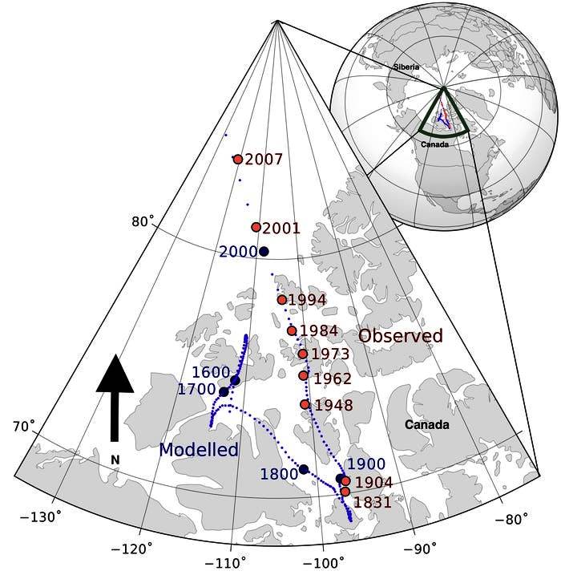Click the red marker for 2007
(x=238, y=160)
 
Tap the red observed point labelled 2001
(x=256, y=228)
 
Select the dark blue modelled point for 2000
(x=264, y=252)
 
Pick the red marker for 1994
(x=282, y=300)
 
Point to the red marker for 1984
(x=292, y=331)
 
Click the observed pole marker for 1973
(x=303, y=354)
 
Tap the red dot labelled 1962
(x=304, y=376)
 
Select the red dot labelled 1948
(x=305, y=405)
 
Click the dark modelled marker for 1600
(x=236, y=381)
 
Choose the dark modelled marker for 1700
(x=224, y=392)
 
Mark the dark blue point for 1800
(x=304, y=469)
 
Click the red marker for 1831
(x=345, y=492)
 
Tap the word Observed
(x=401, y=336)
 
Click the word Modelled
(x=199, y=450)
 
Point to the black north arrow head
(x=115, y=374)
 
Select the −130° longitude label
(x=40, y=517)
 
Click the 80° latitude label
(x=143, y=221)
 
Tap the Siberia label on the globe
(x=406, y=67)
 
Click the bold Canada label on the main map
(x=427, y=425)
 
